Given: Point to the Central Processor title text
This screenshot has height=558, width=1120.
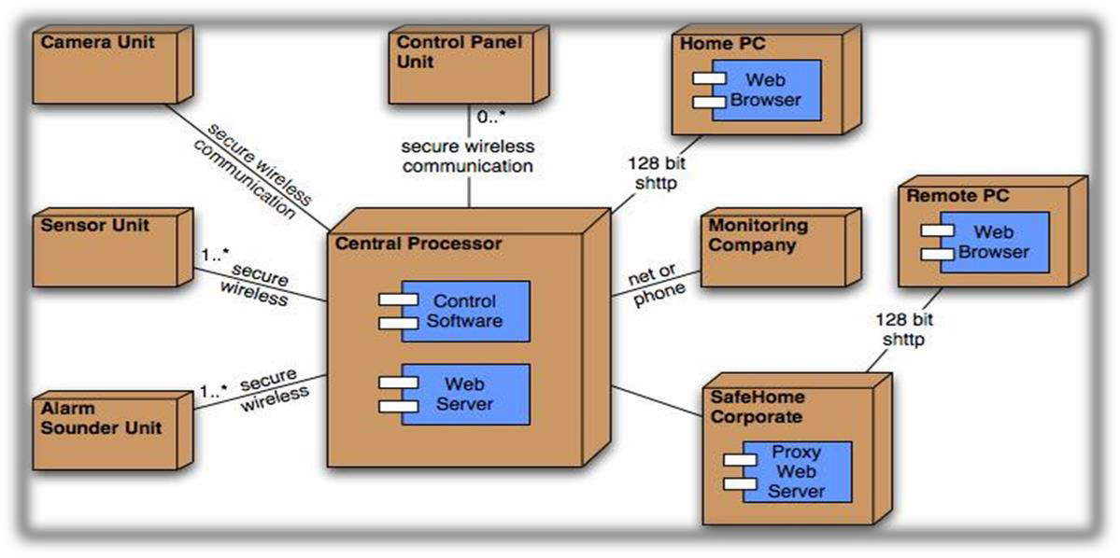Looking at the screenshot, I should pos(418,244).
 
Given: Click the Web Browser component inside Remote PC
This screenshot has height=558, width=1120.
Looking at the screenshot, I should pos(992,242).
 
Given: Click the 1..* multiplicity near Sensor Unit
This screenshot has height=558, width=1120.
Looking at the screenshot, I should pos(215,255).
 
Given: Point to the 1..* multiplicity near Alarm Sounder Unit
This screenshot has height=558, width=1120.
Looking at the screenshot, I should pos(214,393).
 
